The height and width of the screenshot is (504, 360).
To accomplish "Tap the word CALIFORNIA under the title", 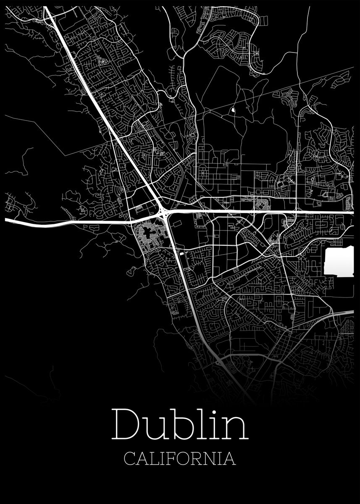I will point(180,459).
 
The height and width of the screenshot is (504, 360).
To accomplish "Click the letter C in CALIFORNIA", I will point(130,459).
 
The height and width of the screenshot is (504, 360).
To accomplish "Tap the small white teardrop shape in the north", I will point(232,111).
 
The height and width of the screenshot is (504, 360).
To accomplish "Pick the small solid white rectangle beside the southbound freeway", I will point(181,253).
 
